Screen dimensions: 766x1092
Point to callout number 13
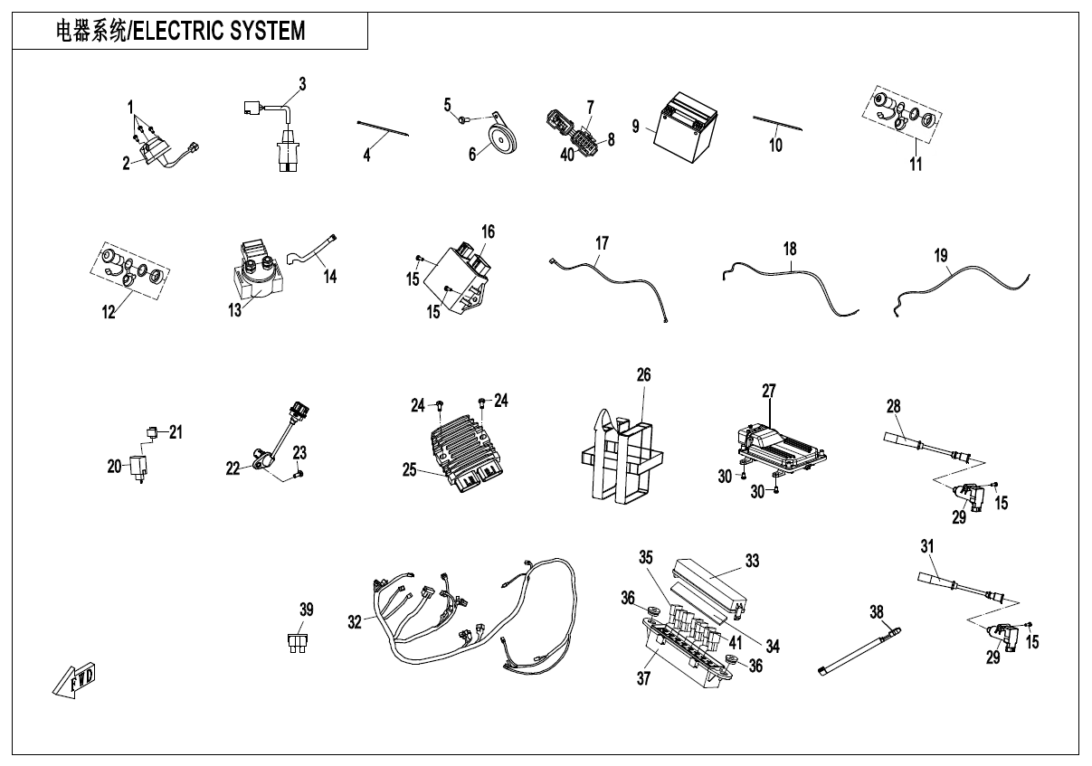(235, 310)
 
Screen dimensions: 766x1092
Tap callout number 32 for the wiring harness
(355, 621)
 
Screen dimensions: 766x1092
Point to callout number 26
(643, 374)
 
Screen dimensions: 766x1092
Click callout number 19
(941, 257)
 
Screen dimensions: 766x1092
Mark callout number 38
(876, 612)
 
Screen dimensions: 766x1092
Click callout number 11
(916, 164)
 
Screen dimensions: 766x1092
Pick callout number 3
(302, 84)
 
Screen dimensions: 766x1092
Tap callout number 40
(566, 154)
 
